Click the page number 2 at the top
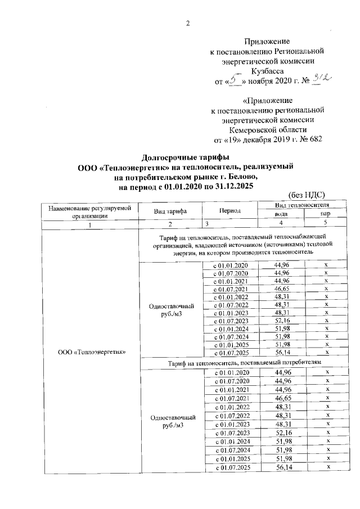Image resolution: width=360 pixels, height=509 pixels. pos(188,23)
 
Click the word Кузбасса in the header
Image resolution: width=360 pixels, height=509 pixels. pos(267,71)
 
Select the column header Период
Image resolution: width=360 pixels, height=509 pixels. pos(231,211)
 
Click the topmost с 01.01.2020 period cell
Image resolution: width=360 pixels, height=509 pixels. pos(229,264)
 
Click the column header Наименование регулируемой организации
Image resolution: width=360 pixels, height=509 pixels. pos(89,211)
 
